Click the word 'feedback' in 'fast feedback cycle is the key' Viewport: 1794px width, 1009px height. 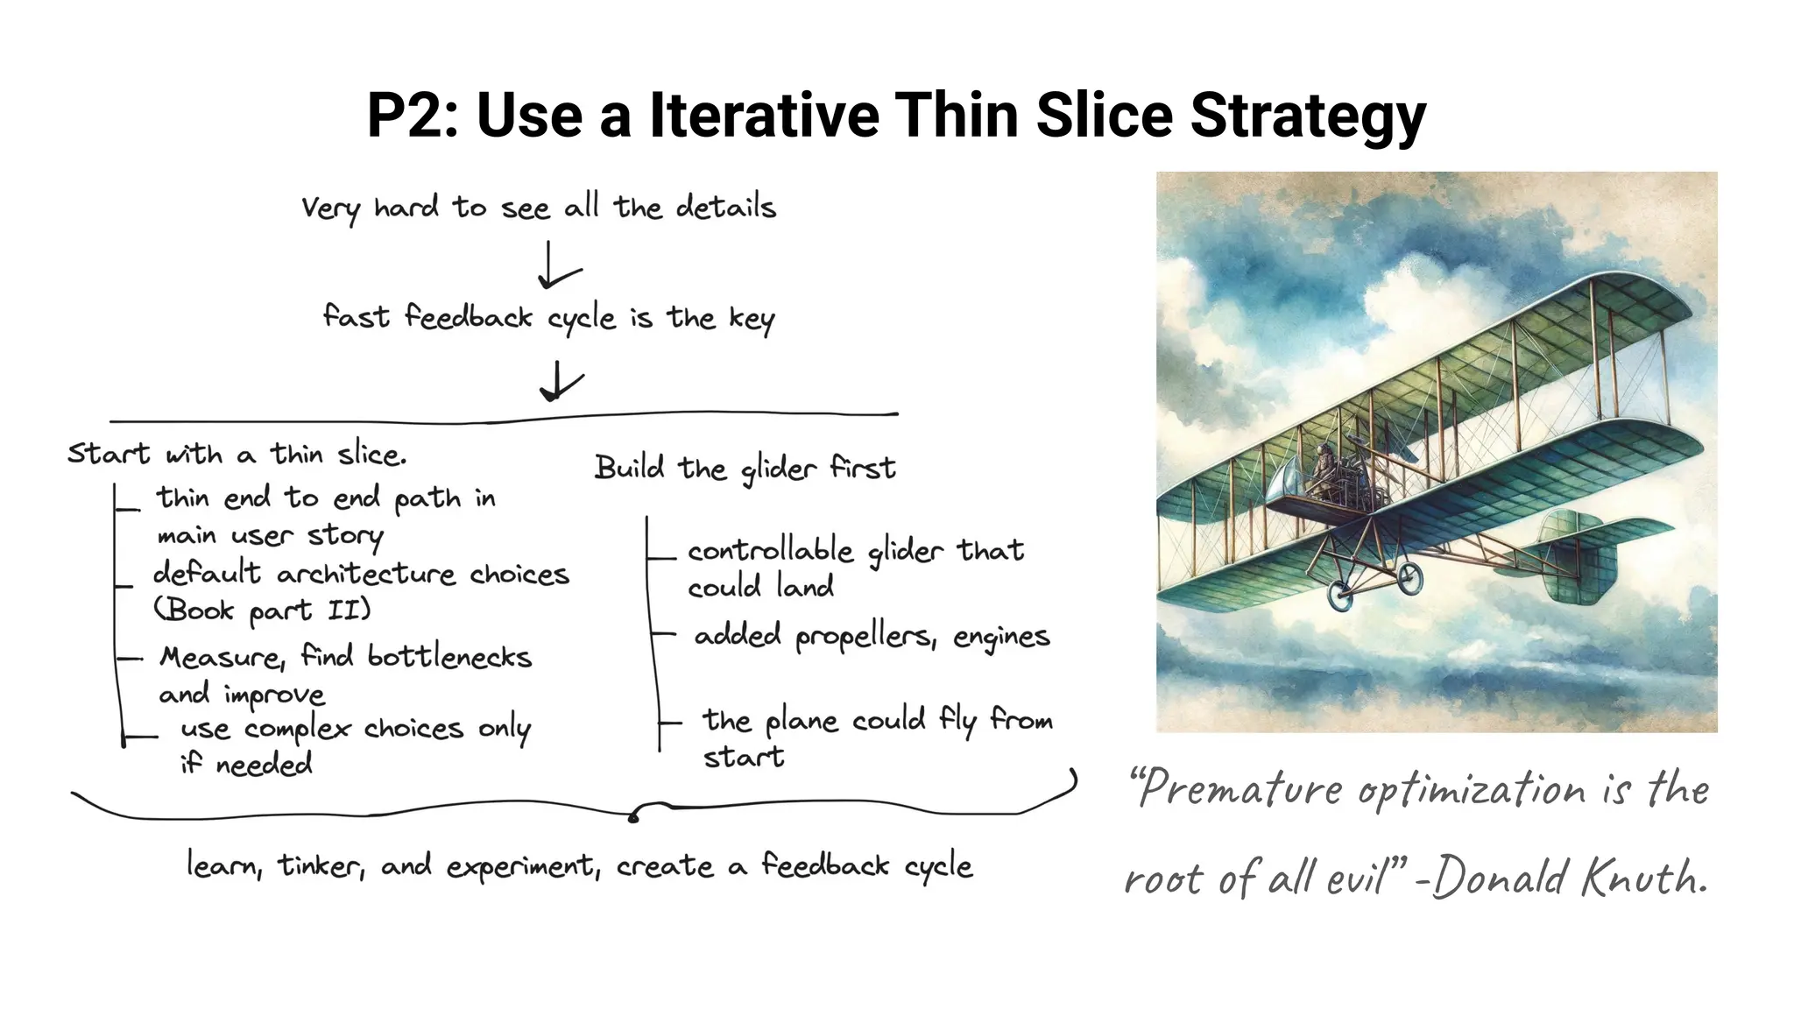tap(468, 317)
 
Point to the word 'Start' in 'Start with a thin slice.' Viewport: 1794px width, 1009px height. tap(109, 454)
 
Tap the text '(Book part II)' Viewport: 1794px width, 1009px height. tap(262, 610)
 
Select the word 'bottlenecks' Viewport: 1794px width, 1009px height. tap(449, 657)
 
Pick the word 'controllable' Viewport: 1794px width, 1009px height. tap(770, 551)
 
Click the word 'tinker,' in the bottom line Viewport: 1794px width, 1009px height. tap(321, 866)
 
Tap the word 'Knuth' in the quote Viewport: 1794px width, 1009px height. tap(1643, 878)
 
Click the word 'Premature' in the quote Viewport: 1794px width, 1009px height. tap(1237, 789)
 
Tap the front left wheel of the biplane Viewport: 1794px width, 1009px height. tap(1340, 595)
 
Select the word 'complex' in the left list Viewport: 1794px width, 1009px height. tap(297, 729)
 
